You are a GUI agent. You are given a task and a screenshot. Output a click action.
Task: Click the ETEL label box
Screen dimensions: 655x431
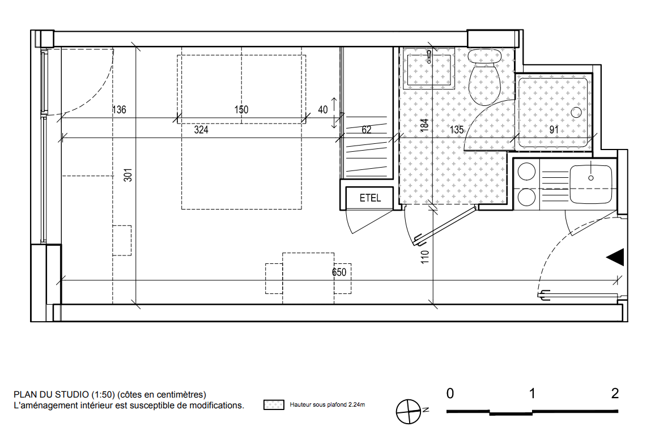coord(369,198)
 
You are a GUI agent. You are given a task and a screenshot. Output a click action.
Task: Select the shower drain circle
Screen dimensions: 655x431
coord(576,112)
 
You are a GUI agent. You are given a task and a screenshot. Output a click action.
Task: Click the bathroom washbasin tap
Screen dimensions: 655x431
coord(429,57)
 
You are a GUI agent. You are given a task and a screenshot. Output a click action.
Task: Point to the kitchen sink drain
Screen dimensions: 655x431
coord(590,178)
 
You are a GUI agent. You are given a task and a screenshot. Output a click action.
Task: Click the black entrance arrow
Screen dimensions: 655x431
coord(615,257)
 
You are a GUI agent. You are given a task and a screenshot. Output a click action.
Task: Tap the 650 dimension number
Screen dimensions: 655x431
coord(339,272)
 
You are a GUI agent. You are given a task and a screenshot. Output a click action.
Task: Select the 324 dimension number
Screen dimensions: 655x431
coord(201,130)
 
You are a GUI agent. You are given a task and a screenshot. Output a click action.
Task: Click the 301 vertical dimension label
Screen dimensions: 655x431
coord(128,174)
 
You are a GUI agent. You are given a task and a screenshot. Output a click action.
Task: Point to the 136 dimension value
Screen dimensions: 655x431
coord(119,110)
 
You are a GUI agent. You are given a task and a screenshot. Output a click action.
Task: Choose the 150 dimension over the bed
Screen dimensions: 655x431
coord(241,110)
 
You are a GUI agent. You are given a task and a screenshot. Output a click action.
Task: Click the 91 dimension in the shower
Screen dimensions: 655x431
coord(554,130)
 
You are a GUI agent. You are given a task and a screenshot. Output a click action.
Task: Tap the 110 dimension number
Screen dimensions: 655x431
coord(425,257)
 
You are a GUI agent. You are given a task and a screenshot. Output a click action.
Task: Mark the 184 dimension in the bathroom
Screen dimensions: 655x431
coord(424,125)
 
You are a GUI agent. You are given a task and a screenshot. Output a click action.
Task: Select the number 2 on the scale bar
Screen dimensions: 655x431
coord(614,394)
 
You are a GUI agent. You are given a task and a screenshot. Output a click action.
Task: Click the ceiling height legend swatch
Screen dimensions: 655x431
coord(274,405)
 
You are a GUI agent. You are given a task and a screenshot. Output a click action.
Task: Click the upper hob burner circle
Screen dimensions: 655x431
coord(526,172)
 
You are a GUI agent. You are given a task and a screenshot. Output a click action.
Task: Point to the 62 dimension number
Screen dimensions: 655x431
coord(367,130)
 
